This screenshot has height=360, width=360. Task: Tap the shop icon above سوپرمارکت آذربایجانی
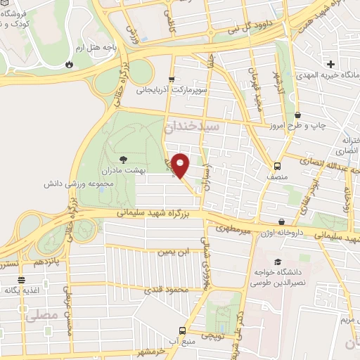(172, 79)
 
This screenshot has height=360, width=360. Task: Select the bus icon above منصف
(277, 167)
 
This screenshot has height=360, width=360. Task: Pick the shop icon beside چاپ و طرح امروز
(297, 115)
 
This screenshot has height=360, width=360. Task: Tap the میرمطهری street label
(233, 229)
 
